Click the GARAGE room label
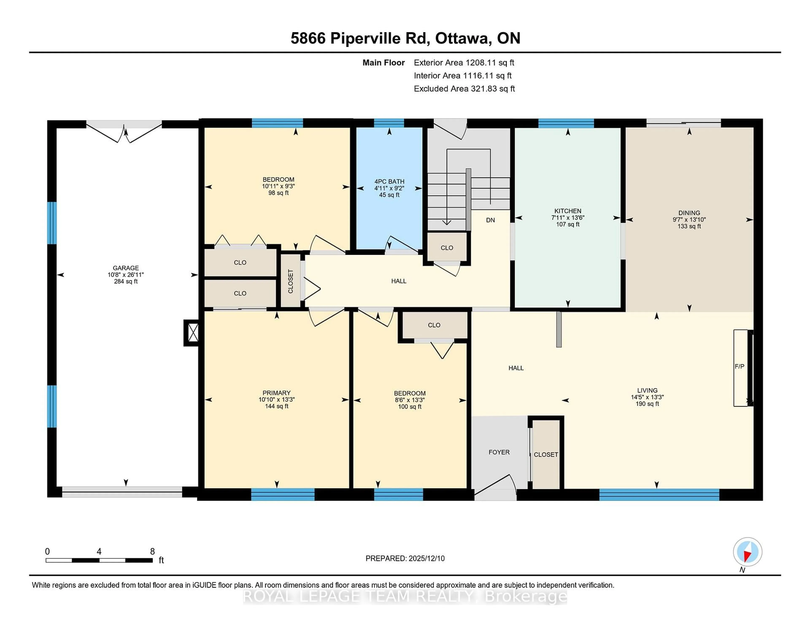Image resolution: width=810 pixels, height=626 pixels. tap(126, 268)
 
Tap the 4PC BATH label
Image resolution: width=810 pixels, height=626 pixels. tap(389, 181)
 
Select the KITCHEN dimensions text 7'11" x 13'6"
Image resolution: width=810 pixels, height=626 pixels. tap(567, 218)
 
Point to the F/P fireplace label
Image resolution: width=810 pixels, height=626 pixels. tap(739, 366)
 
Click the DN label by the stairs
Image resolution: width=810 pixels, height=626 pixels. tap(490, 220)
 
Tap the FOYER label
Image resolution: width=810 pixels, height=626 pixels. tap(499, 452)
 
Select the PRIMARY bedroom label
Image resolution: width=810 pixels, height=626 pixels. tap(276, 393)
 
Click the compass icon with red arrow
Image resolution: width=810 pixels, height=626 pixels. tap(747, 552)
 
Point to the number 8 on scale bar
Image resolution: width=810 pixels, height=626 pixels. tap(152, 552)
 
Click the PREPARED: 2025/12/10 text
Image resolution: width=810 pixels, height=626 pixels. tap(405, 558)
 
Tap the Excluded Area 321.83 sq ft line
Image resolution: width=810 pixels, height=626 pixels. tap(464, 89)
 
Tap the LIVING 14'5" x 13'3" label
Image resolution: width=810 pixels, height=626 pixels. tap(647, 397)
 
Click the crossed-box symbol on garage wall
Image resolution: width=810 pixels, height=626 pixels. tap(193, 333)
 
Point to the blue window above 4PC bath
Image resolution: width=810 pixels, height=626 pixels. tap(389, 123)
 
